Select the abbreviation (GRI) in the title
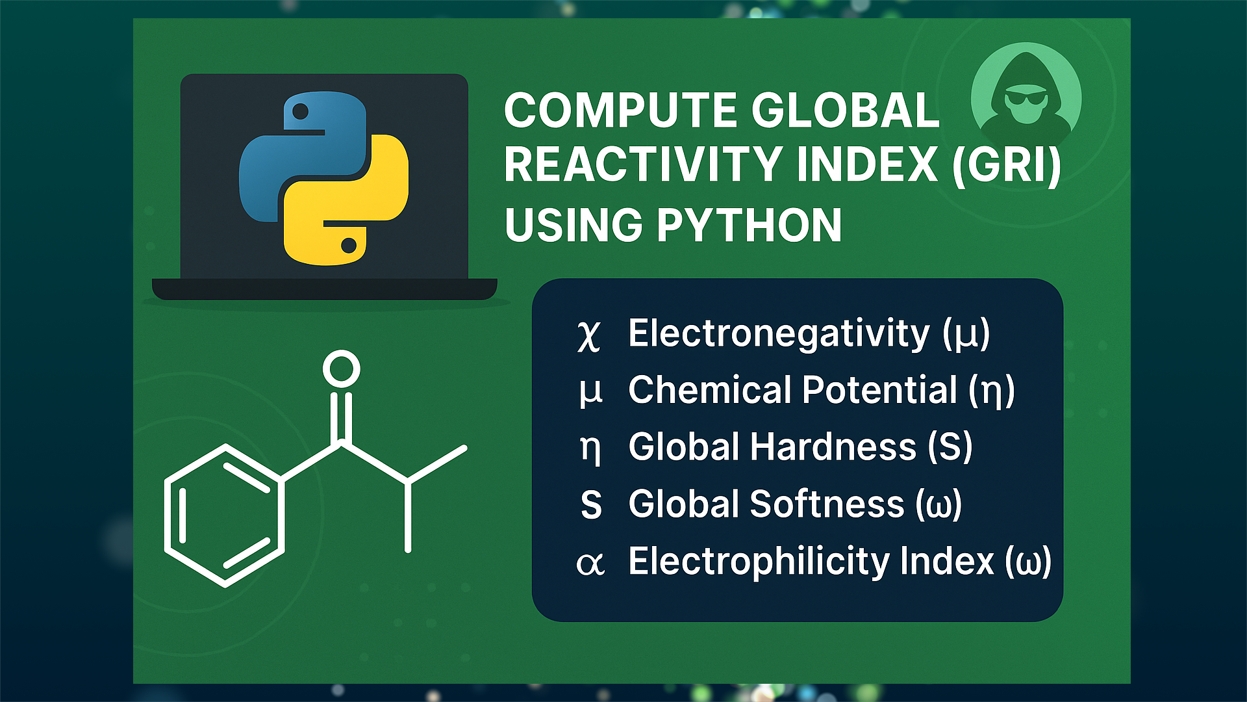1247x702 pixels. (x=1006, y=165)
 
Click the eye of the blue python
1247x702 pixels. (x=300, y=111)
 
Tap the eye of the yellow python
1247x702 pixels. (x=348, y=245)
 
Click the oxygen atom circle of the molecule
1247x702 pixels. (x=341, y=369)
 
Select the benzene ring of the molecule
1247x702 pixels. (x=224, y=515)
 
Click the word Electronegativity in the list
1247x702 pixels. (x=779, y=334)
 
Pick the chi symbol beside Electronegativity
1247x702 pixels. (x=588, y=335)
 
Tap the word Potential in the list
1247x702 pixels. (x=879, y=390)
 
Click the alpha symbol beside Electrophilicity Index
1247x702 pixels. (x=590, y=564)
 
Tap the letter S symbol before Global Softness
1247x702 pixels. (x=591, y=506)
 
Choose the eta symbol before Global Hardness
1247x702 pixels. (x=590, y=449)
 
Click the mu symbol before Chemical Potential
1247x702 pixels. (x=590, y=392)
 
